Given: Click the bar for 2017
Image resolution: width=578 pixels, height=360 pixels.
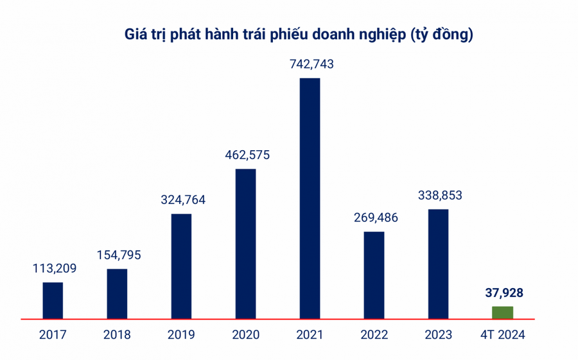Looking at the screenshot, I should click(53, 300).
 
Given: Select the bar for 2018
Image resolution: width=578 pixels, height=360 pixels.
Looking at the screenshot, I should click(117, 293).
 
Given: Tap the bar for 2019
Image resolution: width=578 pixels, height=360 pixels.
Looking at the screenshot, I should click(181, 266).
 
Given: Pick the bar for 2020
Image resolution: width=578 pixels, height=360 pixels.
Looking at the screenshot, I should click(245, 243).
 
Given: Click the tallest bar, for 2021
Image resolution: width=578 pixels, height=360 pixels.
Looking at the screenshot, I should click(310, 198).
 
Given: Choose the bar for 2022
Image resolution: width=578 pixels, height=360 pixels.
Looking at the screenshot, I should click(374, 275).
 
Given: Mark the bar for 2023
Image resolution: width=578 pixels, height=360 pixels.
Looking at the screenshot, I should click(438, 263).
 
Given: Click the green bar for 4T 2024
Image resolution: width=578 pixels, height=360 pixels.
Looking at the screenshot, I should click(502, 312).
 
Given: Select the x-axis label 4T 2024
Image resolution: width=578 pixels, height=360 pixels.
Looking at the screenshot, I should click(502, 335).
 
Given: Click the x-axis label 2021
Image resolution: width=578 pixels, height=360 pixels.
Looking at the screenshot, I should click(310, 335).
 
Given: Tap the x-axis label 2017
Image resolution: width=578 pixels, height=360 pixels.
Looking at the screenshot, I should click(53, 335).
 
